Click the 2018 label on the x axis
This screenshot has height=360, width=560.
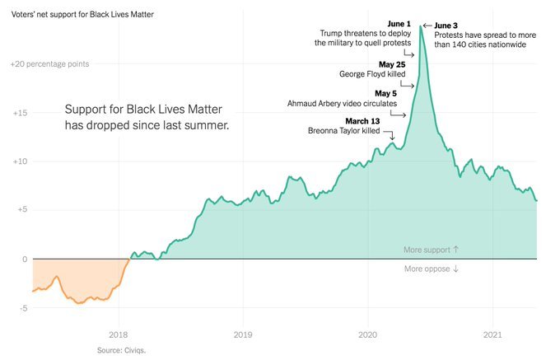[119, 334]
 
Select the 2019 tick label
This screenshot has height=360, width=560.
[243, 334]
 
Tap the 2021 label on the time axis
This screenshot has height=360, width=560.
[492, 334]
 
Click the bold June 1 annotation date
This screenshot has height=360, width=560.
[398, 23]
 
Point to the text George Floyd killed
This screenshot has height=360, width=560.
[372, 74]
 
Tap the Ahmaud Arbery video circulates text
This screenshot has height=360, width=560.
[342, 104]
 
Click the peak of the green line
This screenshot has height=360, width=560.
[421, 26]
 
